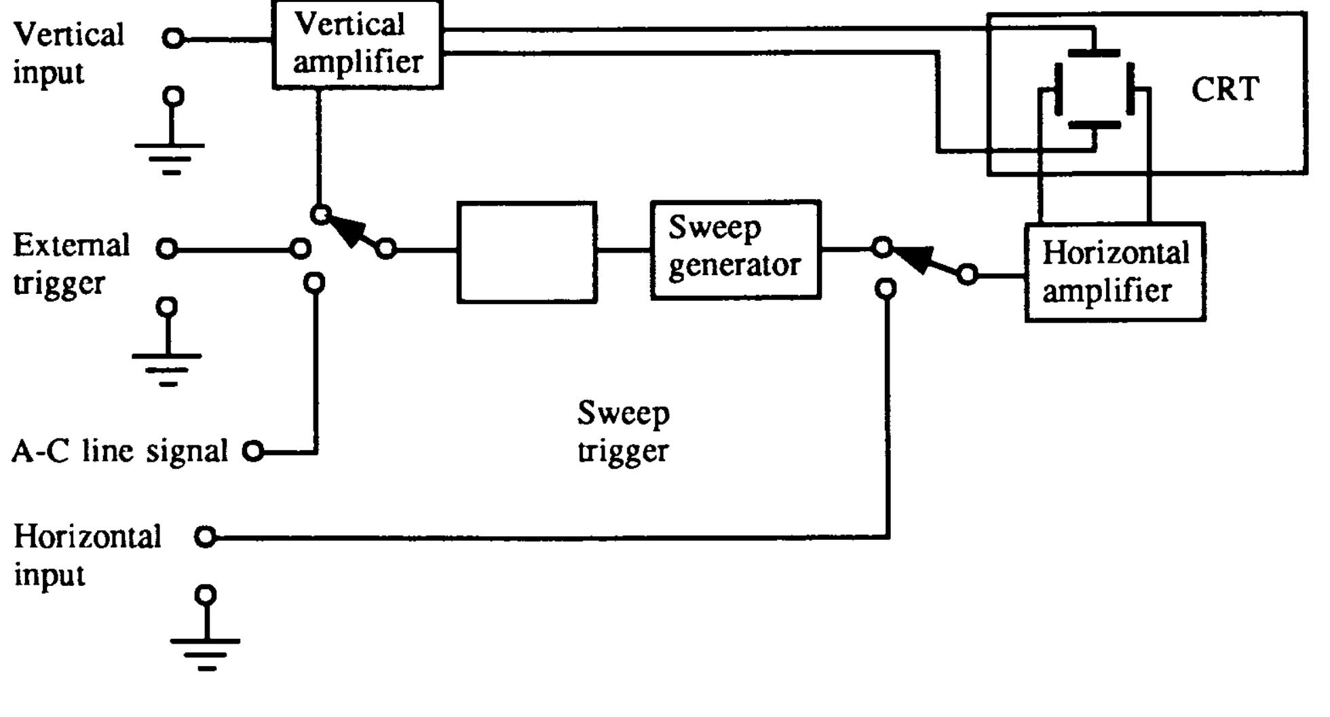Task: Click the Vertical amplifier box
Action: click(x=357, y=45)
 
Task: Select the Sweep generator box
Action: click(x=736, y=249)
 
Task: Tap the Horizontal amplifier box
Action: click(x=1115, y=272)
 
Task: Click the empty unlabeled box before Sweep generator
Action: click(x=527, y=252)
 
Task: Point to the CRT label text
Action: click(x=1225, y=90)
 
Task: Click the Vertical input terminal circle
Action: click(x=174, y=39)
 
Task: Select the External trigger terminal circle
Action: click(x=166, y=249)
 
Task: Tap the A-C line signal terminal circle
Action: click(x=253, y=451)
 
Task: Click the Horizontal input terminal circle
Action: click(x=205, y=537)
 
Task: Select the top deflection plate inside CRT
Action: click(x=1094, y=53)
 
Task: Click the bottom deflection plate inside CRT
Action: click(x=1094, y=125)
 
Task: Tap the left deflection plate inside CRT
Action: click(x=1058, y=89)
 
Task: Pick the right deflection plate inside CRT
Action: click(x=1130, y=89)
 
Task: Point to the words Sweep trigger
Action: click(x=623, y=432)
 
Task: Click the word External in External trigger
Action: click(x=71, y=245)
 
